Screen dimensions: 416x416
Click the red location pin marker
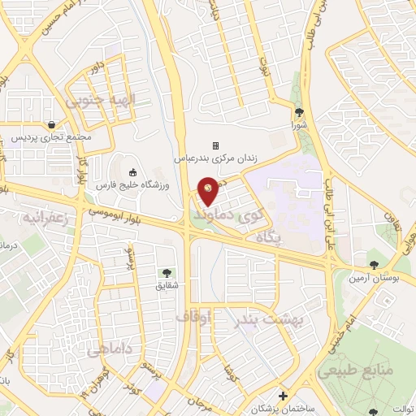point(209,191)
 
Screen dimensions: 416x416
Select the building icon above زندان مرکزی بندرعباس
point(216,134)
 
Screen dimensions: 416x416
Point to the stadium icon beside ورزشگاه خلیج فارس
point(134,173)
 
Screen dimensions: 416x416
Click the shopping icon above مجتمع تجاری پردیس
point(53,124)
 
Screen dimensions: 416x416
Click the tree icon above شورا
point(300,112)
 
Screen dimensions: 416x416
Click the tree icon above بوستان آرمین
point(374,264)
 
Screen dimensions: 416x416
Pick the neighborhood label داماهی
point(106,349)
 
